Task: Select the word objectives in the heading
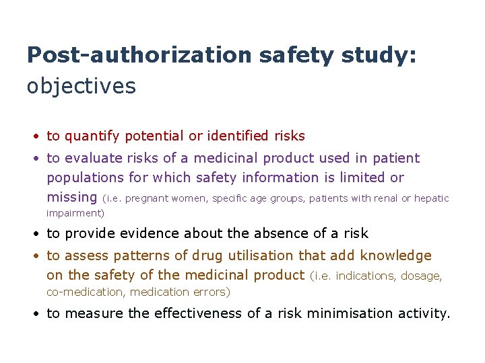pyautogui.click(x=82, y=86)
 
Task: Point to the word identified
pyautogui.click(x=238, y=136)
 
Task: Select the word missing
pyautogui.click(x=72, y=198)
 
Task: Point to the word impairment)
pyautogui.click(x=75, y=213)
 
